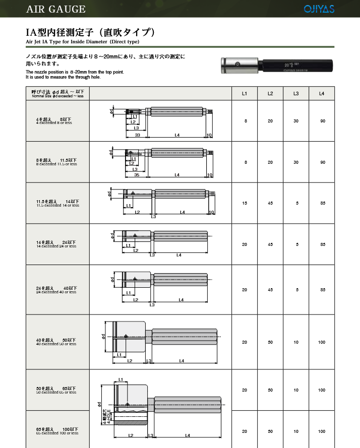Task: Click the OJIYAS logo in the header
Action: (319, 9)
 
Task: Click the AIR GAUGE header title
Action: (56, 9)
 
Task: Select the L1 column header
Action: (245, 94)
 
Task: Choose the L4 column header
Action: (322, 94)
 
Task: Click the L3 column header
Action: (296, 94)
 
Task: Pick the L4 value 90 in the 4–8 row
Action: (322, 121)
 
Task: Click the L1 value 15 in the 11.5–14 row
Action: (245, 203)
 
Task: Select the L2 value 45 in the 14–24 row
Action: (270, 244)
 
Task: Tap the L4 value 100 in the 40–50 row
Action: (322, 342)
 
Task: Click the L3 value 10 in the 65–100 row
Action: (296, 431)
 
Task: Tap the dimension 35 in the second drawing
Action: (136, 175)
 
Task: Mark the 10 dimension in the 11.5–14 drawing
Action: (212, 212)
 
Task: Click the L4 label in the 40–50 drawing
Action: (182, 361)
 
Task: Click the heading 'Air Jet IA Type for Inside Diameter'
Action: (83, 41)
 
